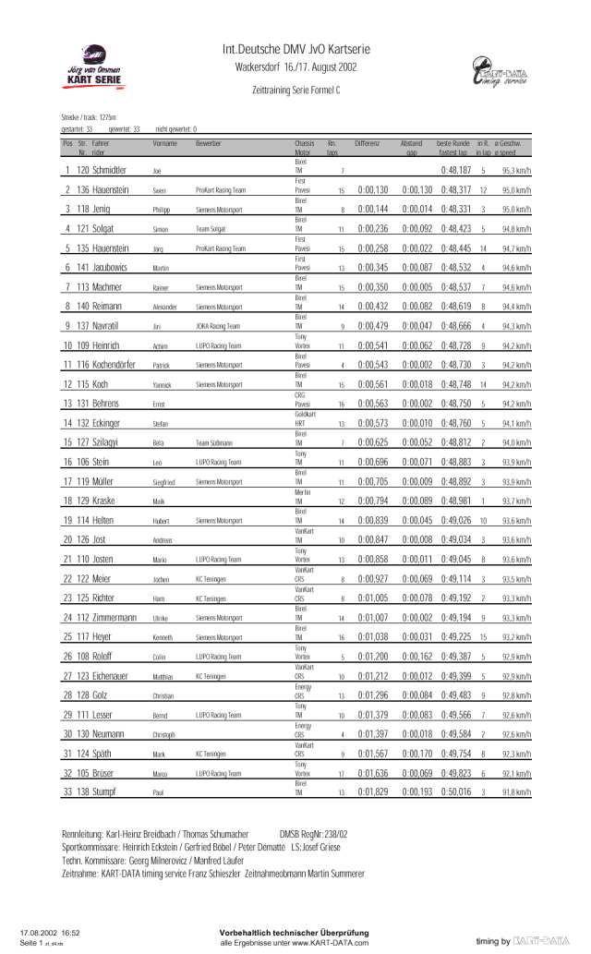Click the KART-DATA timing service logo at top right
pyautogui.click(x=499, y=73)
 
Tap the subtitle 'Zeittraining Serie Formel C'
pyautogui.click(x=295, y=91)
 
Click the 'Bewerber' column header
pyautogui.click(x=209, y=144)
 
